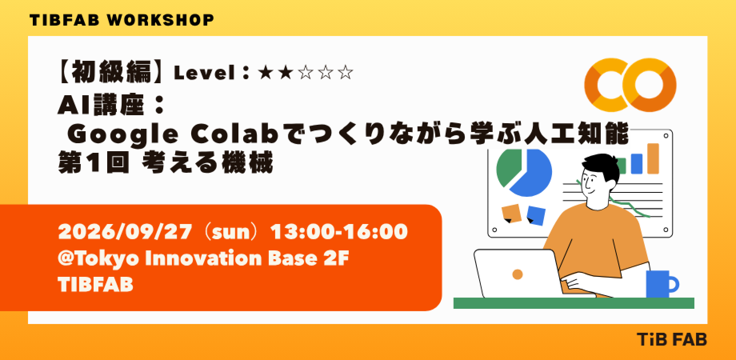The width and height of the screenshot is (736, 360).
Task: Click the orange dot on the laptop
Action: tap(518, 274)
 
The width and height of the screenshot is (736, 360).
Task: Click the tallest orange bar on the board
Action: tap(653, 159)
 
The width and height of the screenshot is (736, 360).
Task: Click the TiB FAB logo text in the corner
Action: tap(672, 340)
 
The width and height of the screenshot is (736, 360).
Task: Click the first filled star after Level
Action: tap(265, 73)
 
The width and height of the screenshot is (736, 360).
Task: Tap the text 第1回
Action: tap(94, 163)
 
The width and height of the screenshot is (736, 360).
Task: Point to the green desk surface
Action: tap(574, 303)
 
